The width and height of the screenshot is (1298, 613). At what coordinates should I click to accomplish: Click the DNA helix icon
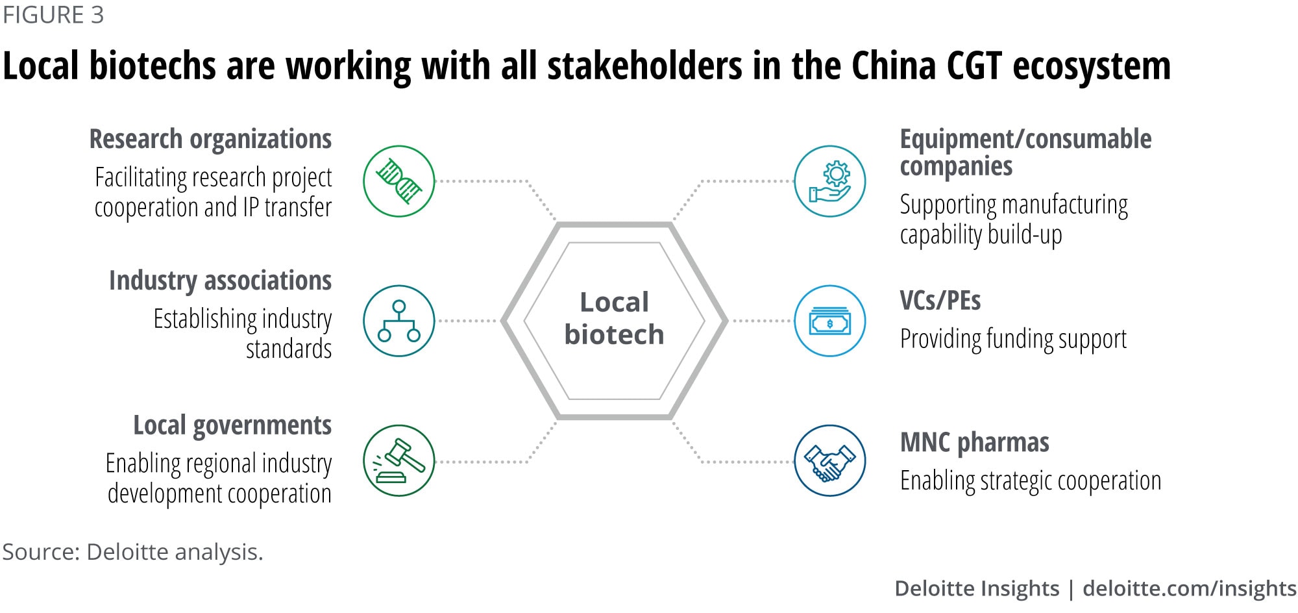coord(398,181)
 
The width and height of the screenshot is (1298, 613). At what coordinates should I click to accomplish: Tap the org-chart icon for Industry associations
coord(398,321)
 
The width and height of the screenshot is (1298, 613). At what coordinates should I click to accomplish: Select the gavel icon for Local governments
coord(398,461)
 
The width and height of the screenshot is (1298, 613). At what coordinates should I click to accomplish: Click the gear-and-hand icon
coord(829,181)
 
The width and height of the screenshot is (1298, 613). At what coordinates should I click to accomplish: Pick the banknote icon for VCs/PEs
coord(829,321)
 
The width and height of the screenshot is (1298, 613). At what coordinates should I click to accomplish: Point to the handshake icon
coord(829,461)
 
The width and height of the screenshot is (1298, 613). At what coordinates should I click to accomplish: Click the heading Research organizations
coord(210,140)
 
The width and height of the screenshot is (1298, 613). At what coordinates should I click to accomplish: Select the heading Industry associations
coord(220,281)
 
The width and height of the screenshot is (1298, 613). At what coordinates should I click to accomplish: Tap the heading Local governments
coord(232,426)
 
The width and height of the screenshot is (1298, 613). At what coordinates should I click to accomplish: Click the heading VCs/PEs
coord(940,301)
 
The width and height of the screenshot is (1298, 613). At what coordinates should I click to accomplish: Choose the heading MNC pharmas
coord(974,443)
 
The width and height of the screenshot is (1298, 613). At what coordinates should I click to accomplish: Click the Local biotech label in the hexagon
coord(614,319)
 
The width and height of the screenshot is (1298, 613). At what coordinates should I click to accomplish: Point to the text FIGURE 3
coord(53,15)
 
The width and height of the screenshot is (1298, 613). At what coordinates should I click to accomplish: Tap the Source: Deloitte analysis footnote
coord(132,552)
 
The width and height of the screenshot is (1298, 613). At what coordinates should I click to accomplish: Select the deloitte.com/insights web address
coord(1189,588)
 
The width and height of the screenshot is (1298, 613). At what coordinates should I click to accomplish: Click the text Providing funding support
coord(1012,339)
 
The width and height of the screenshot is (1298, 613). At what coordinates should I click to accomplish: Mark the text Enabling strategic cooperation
coord(1030,481)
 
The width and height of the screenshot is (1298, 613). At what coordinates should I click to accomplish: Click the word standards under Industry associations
coord(288,349)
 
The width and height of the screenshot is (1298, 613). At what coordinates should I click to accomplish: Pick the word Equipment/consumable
coord(1025,140)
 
